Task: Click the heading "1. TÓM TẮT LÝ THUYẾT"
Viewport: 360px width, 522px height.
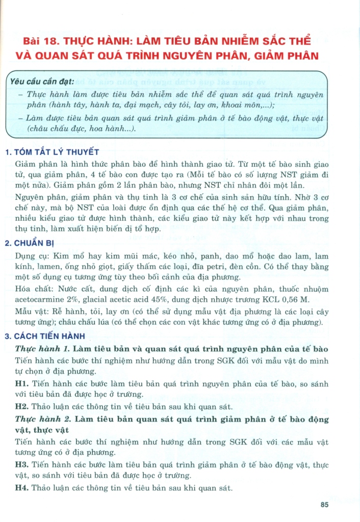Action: click(51, 152)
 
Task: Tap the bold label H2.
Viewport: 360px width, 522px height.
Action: click(22, 406)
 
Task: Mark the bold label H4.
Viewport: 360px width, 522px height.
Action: click(22, 488)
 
